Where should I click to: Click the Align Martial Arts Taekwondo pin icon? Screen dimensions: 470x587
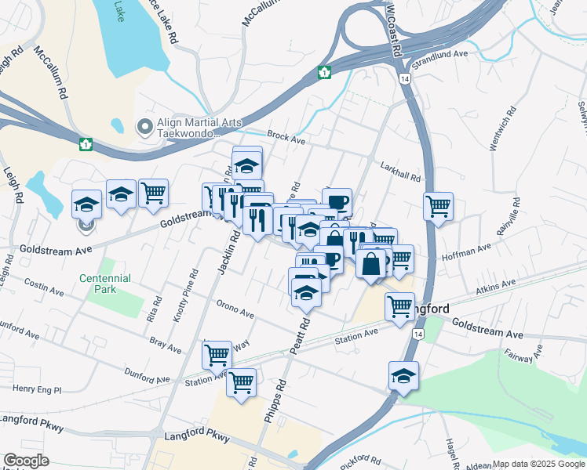tap(145, 126)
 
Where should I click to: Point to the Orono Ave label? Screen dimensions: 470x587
tap(235, 310)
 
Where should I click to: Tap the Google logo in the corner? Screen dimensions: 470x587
tap(26, 461)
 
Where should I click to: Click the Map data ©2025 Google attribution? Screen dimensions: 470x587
tap(539, 465)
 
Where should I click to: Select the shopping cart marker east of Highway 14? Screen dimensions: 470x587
tap(438, 207)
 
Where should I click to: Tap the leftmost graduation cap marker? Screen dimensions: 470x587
tap(86, 204)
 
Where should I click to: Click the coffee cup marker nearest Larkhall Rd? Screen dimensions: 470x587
tap(337, 201)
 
